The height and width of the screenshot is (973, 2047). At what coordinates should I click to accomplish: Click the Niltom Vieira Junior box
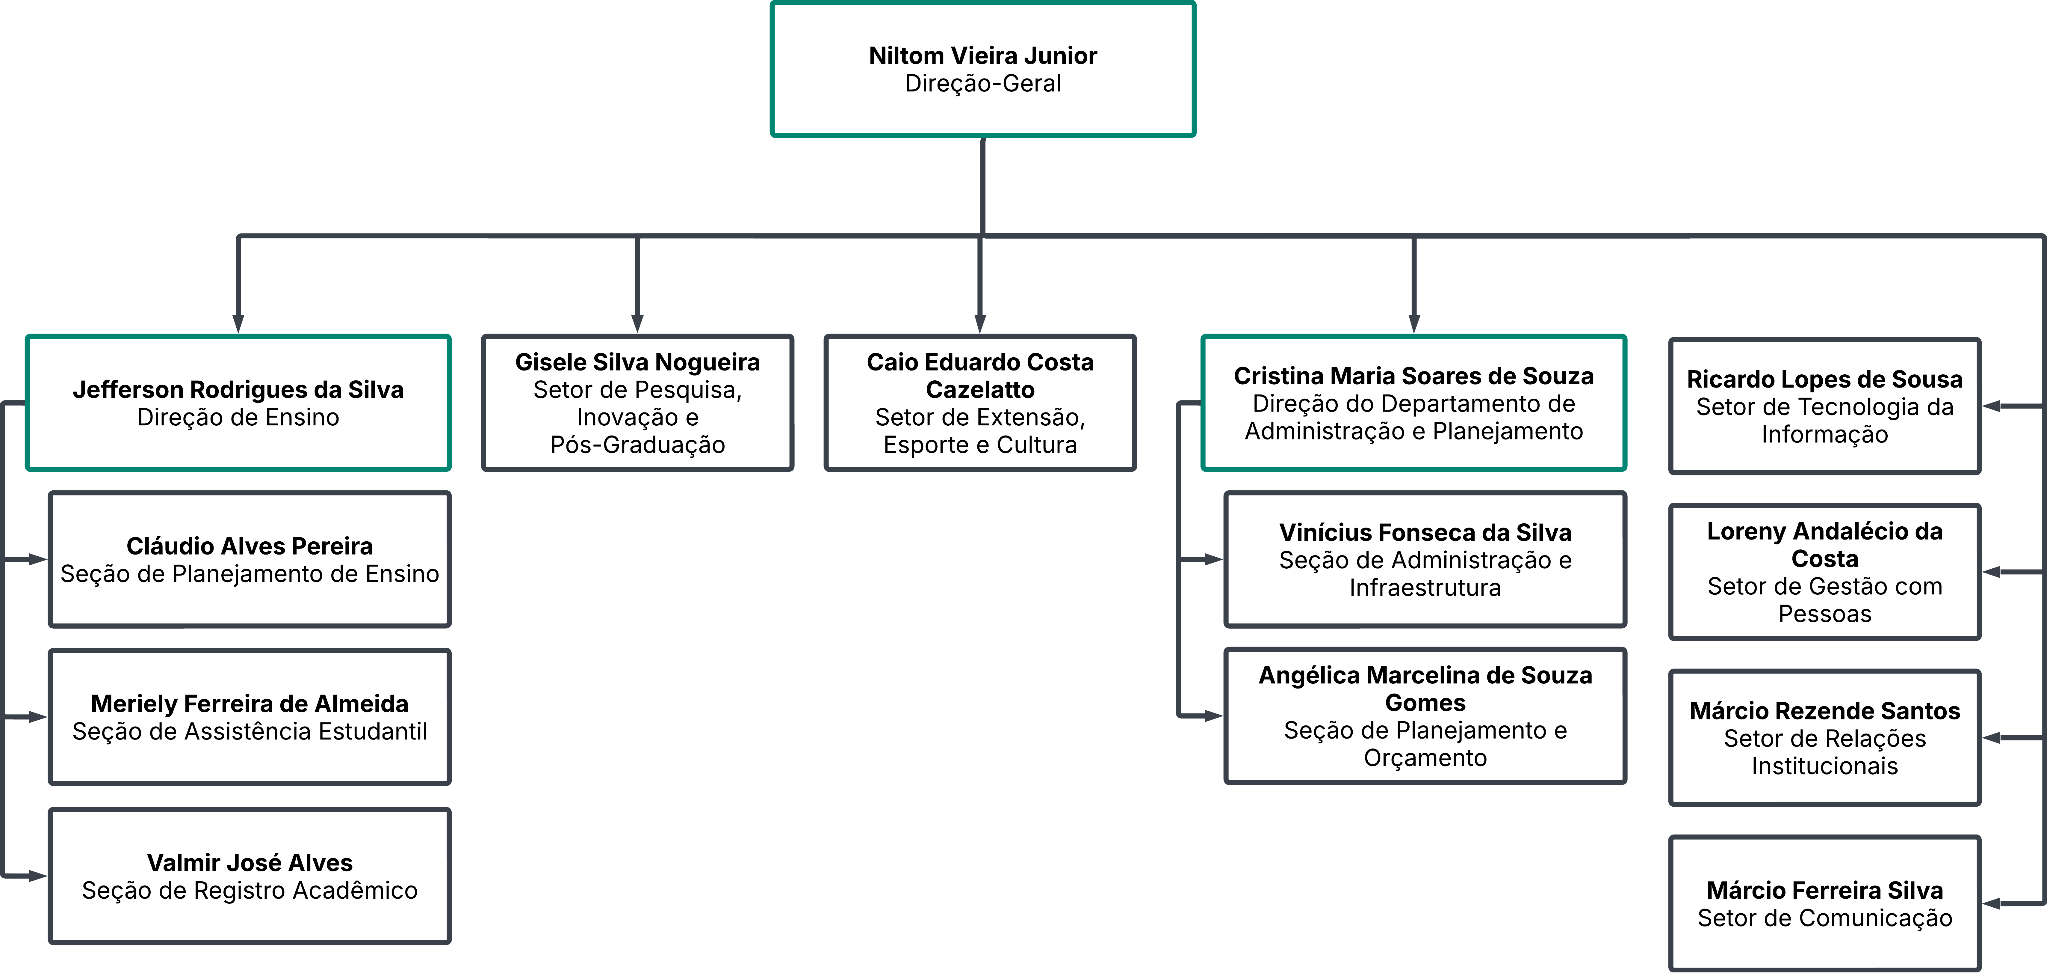(x=983, y=69)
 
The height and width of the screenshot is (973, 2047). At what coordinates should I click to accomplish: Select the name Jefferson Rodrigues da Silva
(x=238, y=389)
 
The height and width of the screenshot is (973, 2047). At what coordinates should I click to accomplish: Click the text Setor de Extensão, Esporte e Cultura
(x=980, y=431)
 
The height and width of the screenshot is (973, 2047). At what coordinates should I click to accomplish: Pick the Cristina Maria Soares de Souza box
(x=1414, y=403)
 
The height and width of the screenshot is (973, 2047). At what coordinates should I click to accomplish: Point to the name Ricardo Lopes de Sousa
(x=1824, y=379)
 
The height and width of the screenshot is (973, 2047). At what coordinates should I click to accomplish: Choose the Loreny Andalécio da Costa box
(x=1824, y=572)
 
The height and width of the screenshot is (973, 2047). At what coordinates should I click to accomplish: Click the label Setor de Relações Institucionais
(x=1824, y=752)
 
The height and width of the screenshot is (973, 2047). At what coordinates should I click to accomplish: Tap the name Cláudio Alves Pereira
(x=250, y=546)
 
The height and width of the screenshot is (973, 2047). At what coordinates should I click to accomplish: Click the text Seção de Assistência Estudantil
(x=250, y=731)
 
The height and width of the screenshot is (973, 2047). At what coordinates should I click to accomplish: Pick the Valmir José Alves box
(x=250, y=876)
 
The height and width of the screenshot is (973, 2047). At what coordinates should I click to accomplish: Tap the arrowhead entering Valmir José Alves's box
(x=38, y=876)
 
